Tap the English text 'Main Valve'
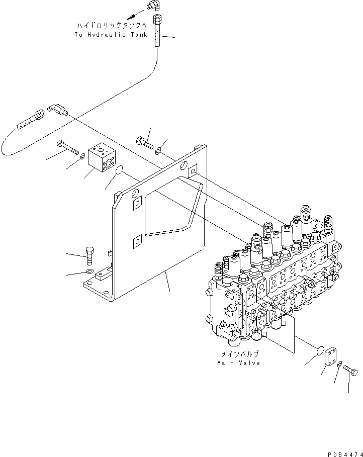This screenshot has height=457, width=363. point(239,363)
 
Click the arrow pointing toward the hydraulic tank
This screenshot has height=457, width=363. point(132,17)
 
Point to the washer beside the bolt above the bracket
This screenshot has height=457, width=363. point(159,149)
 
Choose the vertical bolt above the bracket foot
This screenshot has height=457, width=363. point(90,256)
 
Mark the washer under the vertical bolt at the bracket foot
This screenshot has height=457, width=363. point(89,272)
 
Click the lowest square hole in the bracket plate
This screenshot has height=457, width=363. point(136,243)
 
